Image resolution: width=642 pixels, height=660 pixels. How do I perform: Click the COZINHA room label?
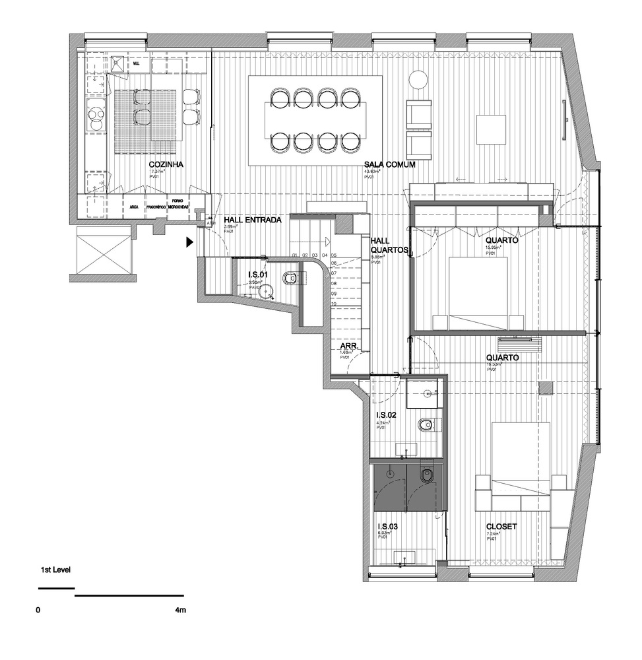(x=166, y=165)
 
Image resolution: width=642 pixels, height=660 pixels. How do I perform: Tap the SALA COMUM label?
(x=388, y=165)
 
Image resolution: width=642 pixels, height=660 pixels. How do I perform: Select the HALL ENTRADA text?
(x=253, y=220)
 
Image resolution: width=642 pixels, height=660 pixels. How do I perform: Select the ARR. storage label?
(x=348, y=346)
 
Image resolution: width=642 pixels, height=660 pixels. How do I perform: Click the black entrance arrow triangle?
(x=190, y=243)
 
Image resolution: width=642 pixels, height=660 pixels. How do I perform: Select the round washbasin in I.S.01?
(x=267, y=290)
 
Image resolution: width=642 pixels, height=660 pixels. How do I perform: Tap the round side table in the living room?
(x=418, y=80)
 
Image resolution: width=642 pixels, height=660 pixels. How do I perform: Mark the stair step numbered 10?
(x=334, y=304)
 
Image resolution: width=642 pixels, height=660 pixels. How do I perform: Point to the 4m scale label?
(x=180, y=610)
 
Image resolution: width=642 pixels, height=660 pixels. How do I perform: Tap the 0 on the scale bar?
(x=39, y=610)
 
